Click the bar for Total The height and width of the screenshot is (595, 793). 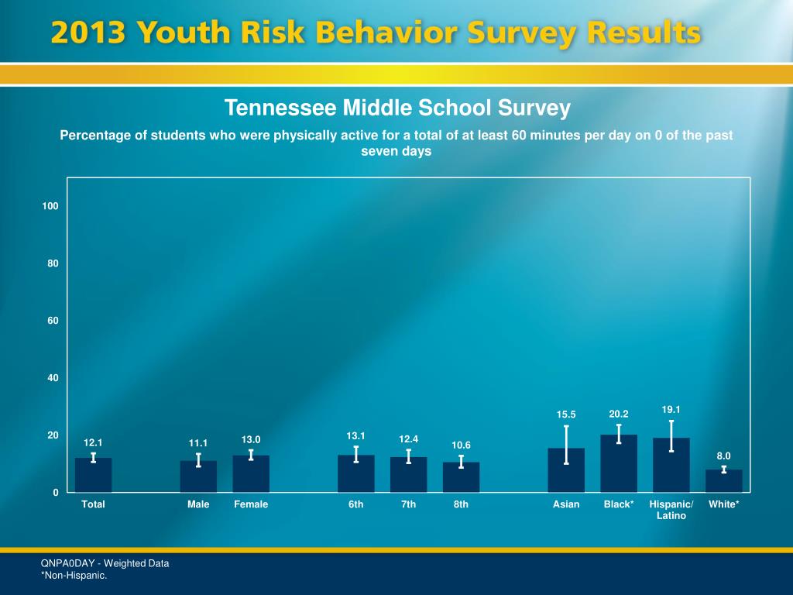(93, 475)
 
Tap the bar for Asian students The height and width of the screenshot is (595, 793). (566, 470)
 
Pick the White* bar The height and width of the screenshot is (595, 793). (723, 481)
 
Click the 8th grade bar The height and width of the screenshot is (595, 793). (461, 477)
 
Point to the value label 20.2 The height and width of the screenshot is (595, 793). (619, 414)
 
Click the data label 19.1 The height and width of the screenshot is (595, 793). (671, 409)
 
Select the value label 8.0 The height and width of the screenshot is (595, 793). (723, 456)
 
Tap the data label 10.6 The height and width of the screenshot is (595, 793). (462, 445)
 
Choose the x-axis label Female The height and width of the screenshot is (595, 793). (251, 504)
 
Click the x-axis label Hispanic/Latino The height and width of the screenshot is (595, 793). (671, 510)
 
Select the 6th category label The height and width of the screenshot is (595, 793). (355, 504)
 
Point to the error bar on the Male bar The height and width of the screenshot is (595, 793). (198, 460)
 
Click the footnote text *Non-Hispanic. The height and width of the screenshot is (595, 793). (74, 575)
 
